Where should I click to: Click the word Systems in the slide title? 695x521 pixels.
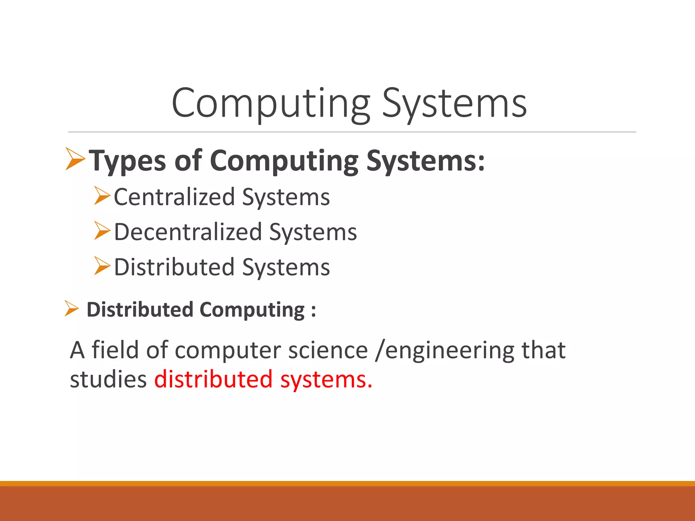pyautogui.click(x=454, y=103)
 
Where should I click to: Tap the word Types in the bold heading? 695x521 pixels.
pyautogui.click(x=128, y=161)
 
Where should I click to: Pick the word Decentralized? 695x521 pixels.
pyautogui.click(x=188, y=232)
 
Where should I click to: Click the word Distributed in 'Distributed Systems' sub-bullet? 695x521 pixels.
pyautogui.click(x=174, y=267)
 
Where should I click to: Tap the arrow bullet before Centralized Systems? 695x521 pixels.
pyautogui.click(x=102, y=196)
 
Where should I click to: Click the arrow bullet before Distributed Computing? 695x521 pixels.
pyautogui.click(x=71, y=309)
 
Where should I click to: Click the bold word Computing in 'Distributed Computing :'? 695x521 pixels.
pyautogui.click(x=252, y=310)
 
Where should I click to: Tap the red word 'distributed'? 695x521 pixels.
pyautogui.click(x=213, y=379)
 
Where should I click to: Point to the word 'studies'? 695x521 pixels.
pyautogui.click(x=108, y=379)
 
